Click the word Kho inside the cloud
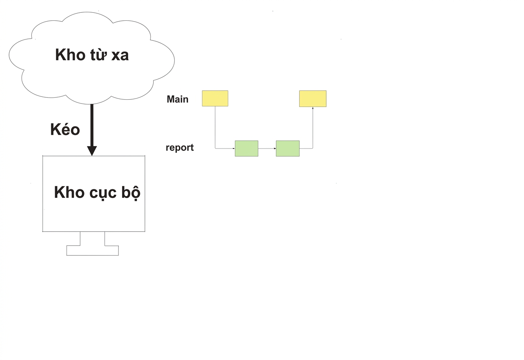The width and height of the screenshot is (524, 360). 70,55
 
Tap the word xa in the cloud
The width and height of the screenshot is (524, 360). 120,56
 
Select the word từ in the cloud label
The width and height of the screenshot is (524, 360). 98,55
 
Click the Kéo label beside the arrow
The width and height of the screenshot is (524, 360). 65,129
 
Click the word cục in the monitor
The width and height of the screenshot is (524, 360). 103,193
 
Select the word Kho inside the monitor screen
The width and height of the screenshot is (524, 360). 69,192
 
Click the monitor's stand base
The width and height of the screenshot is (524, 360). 92,250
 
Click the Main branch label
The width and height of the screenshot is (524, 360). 177,99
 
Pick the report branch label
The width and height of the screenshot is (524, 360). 179,148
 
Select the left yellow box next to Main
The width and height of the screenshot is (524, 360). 215,98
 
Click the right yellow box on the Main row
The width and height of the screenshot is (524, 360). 313,99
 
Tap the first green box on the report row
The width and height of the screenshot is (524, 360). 247,149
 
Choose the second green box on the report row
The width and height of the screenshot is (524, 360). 288,149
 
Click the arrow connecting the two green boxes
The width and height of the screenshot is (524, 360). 267,149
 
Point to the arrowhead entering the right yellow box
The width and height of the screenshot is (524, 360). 313,108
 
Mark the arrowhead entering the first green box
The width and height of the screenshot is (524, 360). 234,149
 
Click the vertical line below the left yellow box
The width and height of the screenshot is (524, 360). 215,127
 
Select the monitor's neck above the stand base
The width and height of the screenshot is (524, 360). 92,239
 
